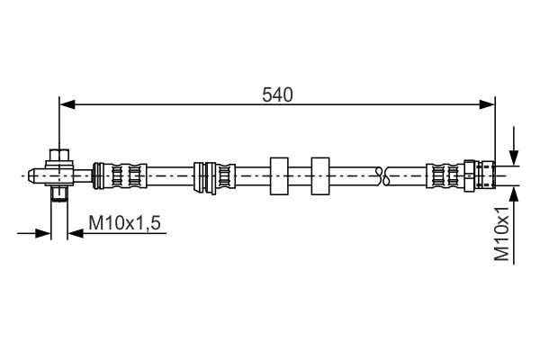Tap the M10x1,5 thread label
tap(124, 220)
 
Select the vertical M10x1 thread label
tap(505, 233)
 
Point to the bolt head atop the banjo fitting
tap(58, 156)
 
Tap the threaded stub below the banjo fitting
tap(58, 193)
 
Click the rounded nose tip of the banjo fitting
tap(31, 174)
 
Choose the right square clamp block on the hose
tap(319, 174)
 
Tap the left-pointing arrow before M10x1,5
tap(76, 234)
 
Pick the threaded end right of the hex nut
tap(488, 174)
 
